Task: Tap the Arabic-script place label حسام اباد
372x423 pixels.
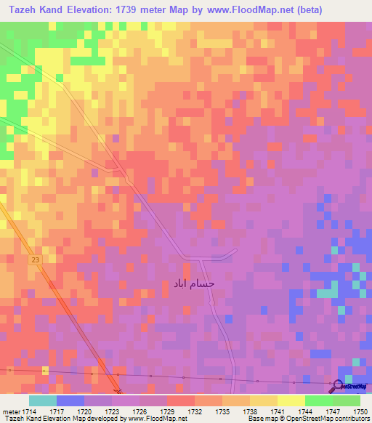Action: [194, 283]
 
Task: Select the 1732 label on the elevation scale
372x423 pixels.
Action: [195, 411]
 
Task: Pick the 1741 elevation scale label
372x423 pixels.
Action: [278, 411]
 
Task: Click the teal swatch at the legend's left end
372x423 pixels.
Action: [43, 400]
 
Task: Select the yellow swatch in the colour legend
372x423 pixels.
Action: [291, 400]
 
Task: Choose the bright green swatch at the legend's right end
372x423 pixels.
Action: [346, 400]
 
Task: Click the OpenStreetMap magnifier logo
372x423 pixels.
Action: [338, 385]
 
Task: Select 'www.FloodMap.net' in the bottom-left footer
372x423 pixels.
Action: [148, 419]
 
